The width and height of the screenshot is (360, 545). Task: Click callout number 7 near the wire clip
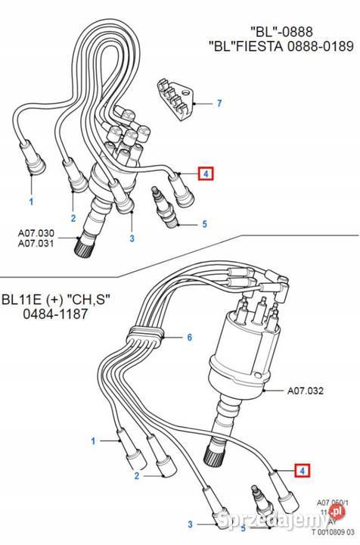point(219,102)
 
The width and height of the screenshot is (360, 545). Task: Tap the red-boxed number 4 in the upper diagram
point(206,174)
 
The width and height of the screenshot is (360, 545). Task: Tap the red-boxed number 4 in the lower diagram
point(303,470)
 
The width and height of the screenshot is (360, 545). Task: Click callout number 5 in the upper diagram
point(203,223)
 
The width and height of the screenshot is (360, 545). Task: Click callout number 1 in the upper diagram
point(31,202)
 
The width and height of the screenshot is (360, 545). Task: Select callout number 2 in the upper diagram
point(73,219)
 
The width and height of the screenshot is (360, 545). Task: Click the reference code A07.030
point(37,232)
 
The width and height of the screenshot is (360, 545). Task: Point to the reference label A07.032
point(305,392)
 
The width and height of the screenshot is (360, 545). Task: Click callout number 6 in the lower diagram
point(190,337)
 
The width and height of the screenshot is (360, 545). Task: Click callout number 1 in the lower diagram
point(94,440)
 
